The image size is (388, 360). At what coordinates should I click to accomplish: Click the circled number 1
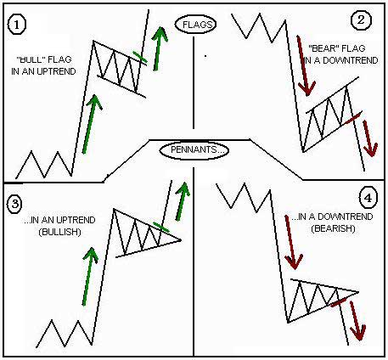(x=16, y=25)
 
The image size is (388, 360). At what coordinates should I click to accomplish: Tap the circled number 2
(x=361, y=20)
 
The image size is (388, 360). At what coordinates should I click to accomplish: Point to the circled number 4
(x=368, y=198)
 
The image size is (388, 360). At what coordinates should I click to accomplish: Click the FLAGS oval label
(x=195, y=25)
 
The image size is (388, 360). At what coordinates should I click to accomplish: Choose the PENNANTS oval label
(x=194, y=150)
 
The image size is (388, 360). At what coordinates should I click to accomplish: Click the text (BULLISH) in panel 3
(x=60, y=232)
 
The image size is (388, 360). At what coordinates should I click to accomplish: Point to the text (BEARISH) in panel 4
(x=333, y=228)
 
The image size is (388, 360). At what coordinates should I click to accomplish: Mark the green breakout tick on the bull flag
(x=140, y=57)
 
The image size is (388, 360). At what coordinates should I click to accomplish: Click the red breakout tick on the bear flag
(x=353, y=117)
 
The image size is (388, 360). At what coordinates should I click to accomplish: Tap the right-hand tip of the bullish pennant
(x=181, y=240)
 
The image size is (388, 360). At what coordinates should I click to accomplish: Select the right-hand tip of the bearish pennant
(x=358, y=292)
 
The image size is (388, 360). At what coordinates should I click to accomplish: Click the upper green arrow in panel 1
(x=159, y=48)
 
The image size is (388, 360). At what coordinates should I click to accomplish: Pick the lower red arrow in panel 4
(x=356, y=321)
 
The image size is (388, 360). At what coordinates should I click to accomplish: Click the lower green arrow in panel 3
(x=89, y=277)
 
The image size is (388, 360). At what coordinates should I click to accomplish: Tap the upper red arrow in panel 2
(x=303, y=65)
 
